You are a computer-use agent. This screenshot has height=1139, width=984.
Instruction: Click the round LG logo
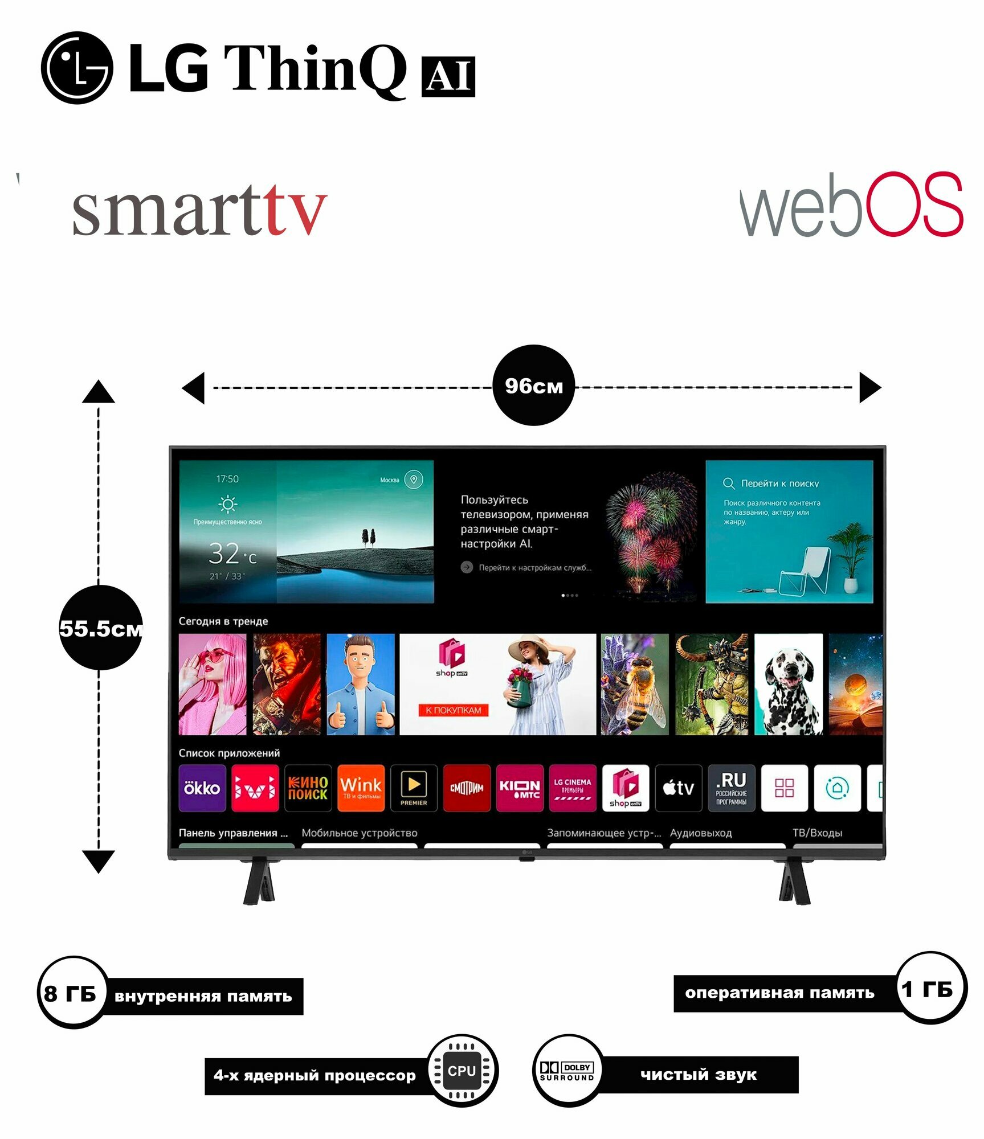click(x=77, y=68)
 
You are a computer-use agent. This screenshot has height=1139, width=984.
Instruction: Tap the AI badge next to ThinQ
click(x=448, y=76)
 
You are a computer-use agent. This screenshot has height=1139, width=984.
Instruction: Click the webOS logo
click(x=851, y=206)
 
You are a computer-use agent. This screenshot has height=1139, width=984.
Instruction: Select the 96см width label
click(x=533, y=386)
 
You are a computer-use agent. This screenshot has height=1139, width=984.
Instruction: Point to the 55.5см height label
click(x=101, y=628)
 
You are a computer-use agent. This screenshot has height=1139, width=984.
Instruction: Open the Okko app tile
click(x=202, y=788)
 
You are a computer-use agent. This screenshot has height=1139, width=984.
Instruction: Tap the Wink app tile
click(x=361, y=788)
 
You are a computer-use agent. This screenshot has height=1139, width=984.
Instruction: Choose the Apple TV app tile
click(x=678, y=788)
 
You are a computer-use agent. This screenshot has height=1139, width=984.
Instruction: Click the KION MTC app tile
click(x=520, y=788)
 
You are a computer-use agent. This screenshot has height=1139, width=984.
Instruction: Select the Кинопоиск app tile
click(x=308, y=788)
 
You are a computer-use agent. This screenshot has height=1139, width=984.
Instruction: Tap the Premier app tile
click(x=414, y=788)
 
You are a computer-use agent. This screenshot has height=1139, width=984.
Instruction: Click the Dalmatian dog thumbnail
click(x=788, y=685)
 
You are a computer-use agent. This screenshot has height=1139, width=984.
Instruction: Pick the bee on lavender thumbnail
click(x=634, y=685)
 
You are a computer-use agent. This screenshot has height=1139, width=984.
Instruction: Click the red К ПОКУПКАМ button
click(x=454, y=710)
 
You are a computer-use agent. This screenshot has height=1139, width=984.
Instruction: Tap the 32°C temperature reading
click(x=232, y=554)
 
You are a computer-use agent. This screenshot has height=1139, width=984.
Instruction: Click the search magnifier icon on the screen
click(x=728, y=484)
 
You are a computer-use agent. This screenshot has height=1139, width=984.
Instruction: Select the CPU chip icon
click(x=462, y=1071)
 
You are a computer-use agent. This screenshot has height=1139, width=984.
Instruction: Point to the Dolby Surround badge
click(x=567, y=1071)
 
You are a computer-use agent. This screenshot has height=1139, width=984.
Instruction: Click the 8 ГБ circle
click(x=71, y=994)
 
